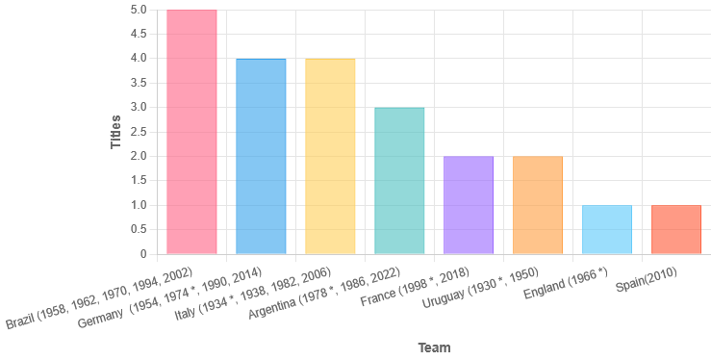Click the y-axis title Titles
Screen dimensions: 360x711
tap(115, 132)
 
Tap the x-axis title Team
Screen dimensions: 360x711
tap(434, 347)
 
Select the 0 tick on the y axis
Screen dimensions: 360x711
tap(143, 254)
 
